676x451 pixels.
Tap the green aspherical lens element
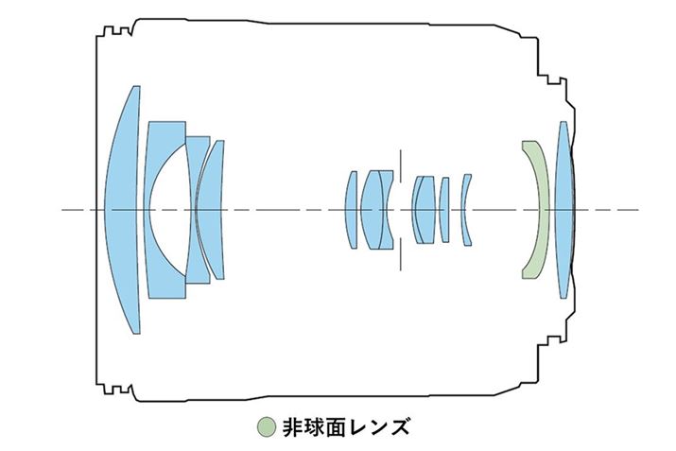click(x=538, y=209)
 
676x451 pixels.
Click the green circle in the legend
click(x=267, y=426)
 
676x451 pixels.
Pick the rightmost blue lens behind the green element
click(x=563, y=209)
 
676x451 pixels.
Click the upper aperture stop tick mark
click(x=400, y=162)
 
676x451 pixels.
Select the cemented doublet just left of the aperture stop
click(x=378, y=209)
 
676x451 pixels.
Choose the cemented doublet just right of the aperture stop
click(x=423, y=209)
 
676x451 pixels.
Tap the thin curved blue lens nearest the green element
click(x=465, y=209)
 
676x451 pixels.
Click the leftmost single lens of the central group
click(x=352, y=209)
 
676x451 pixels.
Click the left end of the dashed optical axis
click(x=63, y=209)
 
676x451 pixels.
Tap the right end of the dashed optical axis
click(x=635, y=209)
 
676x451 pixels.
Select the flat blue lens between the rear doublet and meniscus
click(x=444, y=209)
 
